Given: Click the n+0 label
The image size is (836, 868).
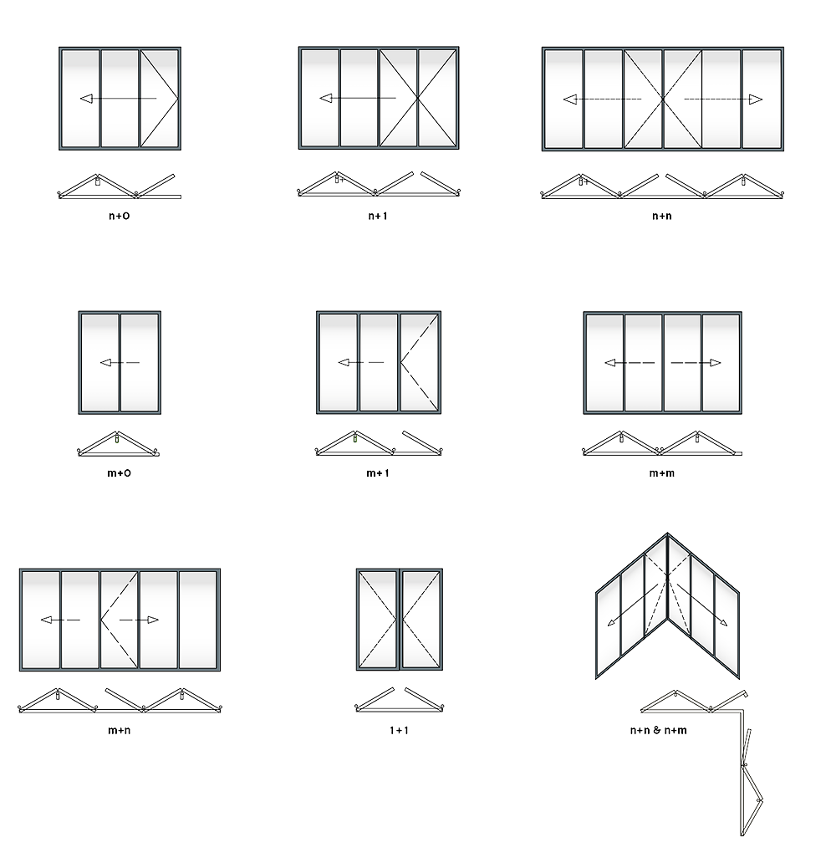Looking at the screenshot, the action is (x=119, y=216).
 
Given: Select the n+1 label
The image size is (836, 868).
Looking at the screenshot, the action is (x=378, y=216).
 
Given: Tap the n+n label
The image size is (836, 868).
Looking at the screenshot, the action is (x=662, y=216).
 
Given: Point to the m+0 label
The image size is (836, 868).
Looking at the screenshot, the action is (x=119, y=473).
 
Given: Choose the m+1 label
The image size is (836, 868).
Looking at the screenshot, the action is (x=378, y=473).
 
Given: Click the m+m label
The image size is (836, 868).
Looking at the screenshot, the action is (x=662, y=473).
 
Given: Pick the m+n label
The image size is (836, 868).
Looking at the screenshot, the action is (x=119, y=730).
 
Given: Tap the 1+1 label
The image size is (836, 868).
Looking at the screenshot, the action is (x=399, y=730).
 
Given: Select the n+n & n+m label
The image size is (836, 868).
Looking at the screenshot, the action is (x=659, y=730).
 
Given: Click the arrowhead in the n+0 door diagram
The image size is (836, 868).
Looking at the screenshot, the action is (x=86, y=99).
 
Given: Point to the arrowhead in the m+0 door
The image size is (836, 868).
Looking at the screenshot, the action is (x=105, y=363).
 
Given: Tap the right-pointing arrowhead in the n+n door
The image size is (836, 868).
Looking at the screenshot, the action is (x=756, y=100).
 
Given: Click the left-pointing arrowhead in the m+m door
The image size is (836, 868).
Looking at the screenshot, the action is (x=610, y=363).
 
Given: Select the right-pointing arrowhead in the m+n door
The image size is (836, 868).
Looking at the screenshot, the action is (x=153, y=620).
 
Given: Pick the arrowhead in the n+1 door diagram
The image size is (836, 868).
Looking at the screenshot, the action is (x=326, y=99).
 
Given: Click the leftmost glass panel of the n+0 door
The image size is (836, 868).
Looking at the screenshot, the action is (x=80, y=99).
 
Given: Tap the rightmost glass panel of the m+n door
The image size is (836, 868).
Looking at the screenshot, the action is (x=197, y=620).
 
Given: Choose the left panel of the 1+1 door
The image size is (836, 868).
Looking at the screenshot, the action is (x=377, y=620).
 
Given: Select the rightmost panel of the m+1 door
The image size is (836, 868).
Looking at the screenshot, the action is (x=420, y=363).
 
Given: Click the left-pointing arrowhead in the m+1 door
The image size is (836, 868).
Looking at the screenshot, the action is (x=344, y=363).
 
